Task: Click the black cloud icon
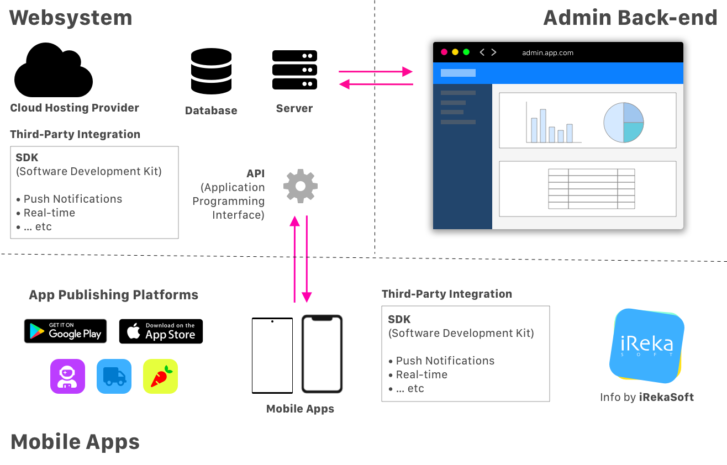coord(53,71)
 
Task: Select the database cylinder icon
coord(210,71)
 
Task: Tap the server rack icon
coord(294,70)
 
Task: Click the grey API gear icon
coord(300,186)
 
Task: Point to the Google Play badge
coord(65,331)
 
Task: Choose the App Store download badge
coord(161,331)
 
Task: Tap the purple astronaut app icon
coord(67,376)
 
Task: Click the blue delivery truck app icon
coord(114,376)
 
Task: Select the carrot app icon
coord(160,376)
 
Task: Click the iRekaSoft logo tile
coord(647,345)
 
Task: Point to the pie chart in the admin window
coord(624,122)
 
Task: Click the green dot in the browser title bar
coord(466,52)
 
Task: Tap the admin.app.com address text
coord(547,53)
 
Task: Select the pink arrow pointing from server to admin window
coord(376,71)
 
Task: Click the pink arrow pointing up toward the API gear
coord(294,260)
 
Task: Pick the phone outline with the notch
coord(322,353)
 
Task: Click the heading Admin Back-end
coord(630,18)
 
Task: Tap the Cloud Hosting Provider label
coord(75,108)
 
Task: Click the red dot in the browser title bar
coord(444,52)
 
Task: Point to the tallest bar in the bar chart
coord(543,126)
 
